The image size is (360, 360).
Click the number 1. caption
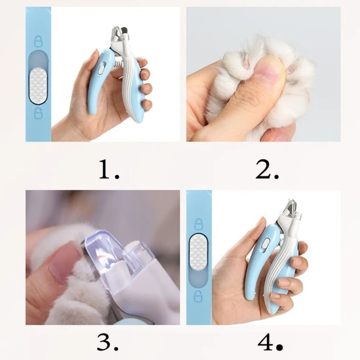(x=109, y=170)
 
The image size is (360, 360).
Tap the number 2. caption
(x=267, y=170)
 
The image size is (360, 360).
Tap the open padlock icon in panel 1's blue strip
(x=38, y=113)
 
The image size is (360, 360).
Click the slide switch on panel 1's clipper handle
(x=101, y=67)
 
